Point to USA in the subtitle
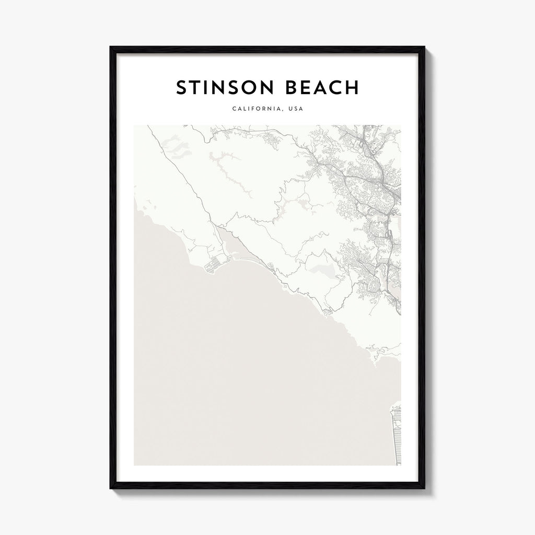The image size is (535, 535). [295, 109]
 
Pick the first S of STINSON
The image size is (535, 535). [181, 88]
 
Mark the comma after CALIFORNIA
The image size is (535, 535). [282, 111]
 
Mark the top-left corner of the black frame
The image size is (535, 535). [111, 48]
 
